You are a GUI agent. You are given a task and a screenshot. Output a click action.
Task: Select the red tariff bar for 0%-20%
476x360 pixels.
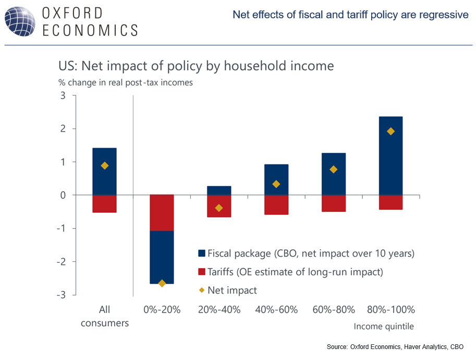(x=162, y=212)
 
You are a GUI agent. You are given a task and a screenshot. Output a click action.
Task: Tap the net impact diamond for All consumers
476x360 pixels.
(x=104, y=166)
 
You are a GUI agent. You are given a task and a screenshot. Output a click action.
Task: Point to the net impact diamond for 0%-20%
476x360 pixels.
(x=162, y=283)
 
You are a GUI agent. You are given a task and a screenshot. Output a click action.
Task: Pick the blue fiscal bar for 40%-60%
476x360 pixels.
(x=276, y=179)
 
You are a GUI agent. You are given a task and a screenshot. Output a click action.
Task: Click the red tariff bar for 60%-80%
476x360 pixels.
(x=334, y=203)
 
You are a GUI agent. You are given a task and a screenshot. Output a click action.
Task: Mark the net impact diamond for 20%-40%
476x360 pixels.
(x=219, y=208)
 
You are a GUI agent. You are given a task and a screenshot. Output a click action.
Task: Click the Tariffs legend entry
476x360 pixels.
(x=295, y=272)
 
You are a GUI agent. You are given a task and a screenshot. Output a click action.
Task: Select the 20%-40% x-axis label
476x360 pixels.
(x=219, y=310)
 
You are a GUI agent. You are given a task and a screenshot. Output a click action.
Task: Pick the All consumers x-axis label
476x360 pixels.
(x=104, y=316)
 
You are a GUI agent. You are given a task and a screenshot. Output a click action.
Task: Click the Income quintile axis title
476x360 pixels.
(x=384, y=327)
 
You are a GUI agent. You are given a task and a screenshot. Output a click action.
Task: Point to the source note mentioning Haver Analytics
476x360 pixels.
(x=395, y=347)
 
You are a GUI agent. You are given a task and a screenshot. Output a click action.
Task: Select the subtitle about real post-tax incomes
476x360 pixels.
(x=125, y=82)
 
